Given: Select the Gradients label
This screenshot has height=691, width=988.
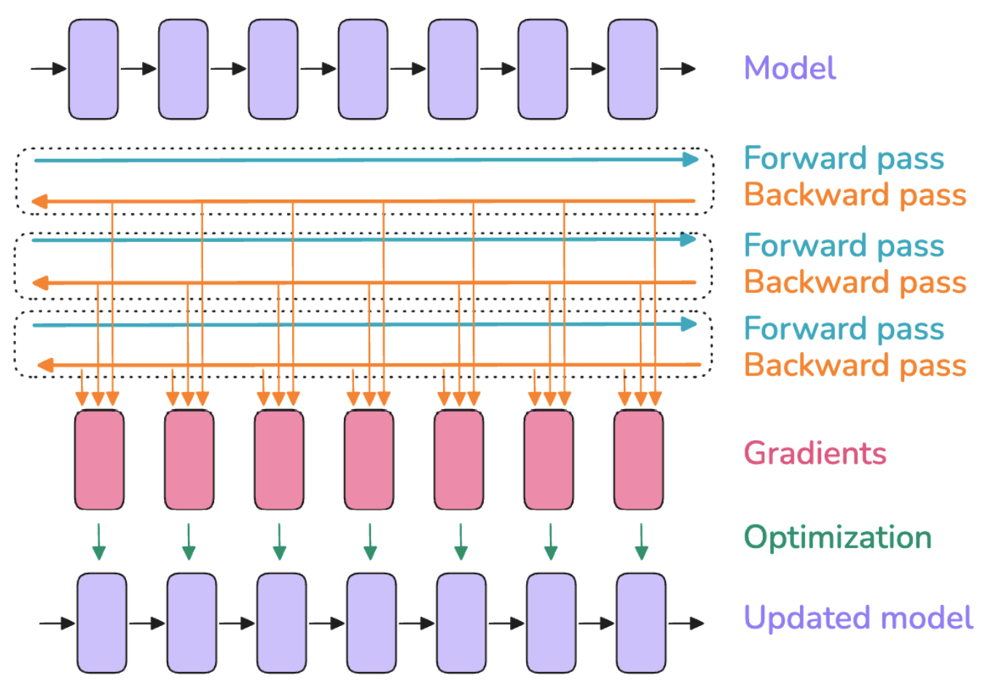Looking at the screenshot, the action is tap(815, 453).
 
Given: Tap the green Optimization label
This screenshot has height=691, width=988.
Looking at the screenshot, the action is tap(838, 537).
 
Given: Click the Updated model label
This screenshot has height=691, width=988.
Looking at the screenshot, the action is tap(858, 618).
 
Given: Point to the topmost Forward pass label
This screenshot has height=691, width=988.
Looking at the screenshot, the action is tap(844, 158).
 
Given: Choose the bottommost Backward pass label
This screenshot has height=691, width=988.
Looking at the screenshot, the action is tap(855, 365).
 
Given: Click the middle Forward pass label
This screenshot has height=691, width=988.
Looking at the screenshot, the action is tap(844, 246).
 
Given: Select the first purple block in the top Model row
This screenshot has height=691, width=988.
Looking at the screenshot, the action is tap(93, 69).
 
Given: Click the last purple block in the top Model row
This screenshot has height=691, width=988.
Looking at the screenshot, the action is tap(632, 69).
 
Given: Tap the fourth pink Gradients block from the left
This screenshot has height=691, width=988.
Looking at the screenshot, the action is tap(369, 460).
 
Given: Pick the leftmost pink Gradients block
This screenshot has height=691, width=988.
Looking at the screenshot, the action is tap(99, 460).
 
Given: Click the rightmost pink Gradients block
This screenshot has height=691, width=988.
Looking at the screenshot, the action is tap(638, 460).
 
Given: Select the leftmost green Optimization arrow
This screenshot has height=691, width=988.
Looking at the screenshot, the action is tap(99, 542).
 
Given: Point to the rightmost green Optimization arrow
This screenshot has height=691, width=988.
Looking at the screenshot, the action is tap(641, 542).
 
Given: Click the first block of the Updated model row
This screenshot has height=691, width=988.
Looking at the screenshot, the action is tap(102, 623).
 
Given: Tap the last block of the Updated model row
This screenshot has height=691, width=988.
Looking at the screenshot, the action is tap(641, 623).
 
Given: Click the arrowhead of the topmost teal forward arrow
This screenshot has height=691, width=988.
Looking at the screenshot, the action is tap(691, 160).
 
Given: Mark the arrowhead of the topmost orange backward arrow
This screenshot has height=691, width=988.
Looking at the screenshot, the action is tap(39, 202).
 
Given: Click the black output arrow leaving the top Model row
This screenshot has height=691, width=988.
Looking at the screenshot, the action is tap(678, 69).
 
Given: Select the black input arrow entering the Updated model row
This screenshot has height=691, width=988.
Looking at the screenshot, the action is tap(57, 623).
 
